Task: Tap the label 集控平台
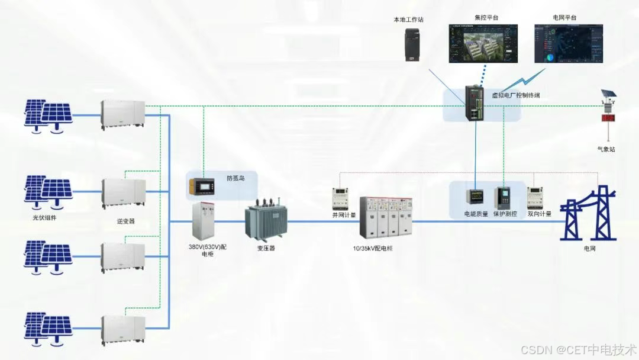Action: coord(486,18)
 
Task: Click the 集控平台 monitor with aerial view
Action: coord(483,43)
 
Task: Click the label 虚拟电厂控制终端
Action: coord(516,95)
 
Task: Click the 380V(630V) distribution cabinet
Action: coord(202,221)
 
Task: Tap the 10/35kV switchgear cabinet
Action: coord(385,217)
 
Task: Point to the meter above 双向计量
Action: coord(535,198)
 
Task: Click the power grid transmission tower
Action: coord(588,213)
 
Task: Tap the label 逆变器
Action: coord(126,221)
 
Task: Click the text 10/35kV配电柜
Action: coord(373,248)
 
